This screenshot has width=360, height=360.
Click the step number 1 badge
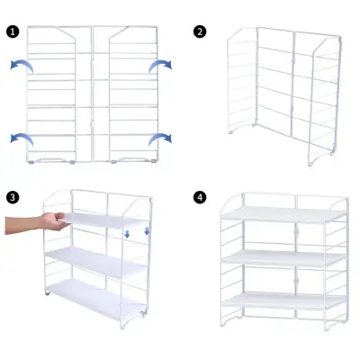13,31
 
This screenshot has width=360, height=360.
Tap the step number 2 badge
200,31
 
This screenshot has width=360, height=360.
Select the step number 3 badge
13,197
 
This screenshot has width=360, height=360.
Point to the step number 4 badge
200,197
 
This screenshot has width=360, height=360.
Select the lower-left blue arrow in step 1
21,137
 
